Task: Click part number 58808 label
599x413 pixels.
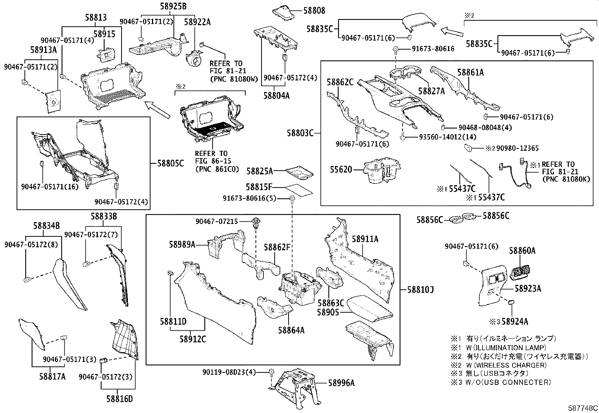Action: (x=314, y=11)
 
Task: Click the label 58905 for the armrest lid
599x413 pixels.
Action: (x=328, y=312)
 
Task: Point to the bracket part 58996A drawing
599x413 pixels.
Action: (x=295, y=387)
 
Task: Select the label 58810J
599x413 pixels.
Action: (x=421, y=290)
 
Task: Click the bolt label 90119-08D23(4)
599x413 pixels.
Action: (x=229, y=372)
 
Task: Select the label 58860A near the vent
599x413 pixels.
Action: (x=522, y=251)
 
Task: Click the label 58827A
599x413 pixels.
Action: (x=432, y=91)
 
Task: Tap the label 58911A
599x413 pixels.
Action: (x=365, y=239)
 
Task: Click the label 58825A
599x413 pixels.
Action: (x=260, y=171)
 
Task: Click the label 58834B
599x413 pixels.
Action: (x=46, y=226)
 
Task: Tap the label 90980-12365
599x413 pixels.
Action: (x=517, y=148)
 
